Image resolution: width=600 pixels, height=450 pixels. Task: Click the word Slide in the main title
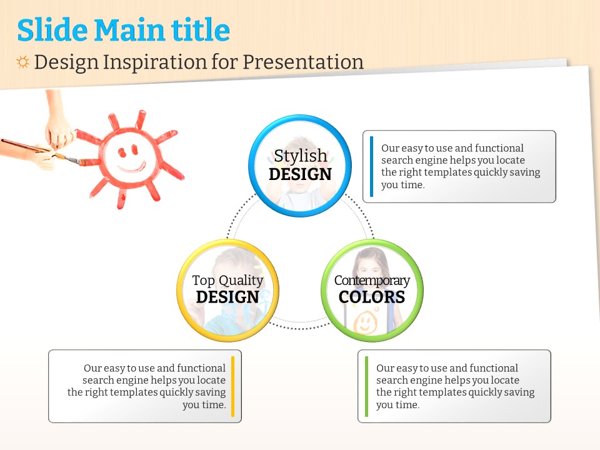click(52, 29)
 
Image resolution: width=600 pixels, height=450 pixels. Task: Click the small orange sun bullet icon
click(22, 62)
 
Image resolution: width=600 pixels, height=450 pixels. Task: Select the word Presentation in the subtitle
click(303, 62)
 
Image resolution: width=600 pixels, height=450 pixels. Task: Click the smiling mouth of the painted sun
click(132, 167)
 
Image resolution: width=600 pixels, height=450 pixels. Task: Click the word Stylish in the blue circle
click(301, 156)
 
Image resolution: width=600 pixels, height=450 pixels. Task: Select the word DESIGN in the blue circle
click(301, 174)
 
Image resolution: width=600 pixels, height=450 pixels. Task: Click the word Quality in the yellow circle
click(241, 281)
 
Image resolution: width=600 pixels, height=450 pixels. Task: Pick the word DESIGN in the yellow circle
click(227, 297)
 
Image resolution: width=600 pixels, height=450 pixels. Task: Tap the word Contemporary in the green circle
click(372, 281)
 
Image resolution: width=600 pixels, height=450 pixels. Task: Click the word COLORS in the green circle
click(372, 297)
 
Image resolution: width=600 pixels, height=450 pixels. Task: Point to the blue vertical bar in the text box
click(371, 166)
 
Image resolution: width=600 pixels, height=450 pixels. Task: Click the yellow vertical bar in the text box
click(232, 386)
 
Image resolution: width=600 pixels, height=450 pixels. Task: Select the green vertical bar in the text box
click(367, 386)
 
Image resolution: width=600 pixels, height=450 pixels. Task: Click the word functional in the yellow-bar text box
click(201, 368)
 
